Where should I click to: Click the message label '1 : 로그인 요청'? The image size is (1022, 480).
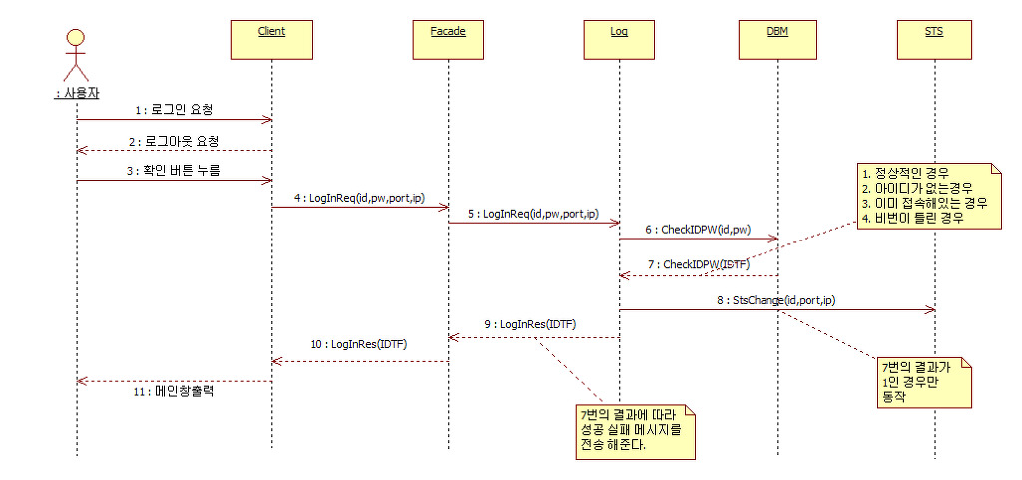176,108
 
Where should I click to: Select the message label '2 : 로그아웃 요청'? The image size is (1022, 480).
174,140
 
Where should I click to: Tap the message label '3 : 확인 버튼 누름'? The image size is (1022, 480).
174,170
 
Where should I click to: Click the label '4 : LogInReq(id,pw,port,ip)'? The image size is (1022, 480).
360,199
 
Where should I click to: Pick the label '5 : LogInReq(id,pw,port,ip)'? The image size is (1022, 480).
533,213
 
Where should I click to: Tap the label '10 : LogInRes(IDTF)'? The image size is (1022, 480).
360,345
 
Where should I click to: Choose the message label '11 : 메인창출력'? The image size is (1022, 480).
175,391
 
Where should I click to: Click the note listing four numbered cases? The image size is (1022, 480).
924,196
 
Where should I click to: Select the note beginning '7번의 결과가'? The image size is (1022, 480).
920,380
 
